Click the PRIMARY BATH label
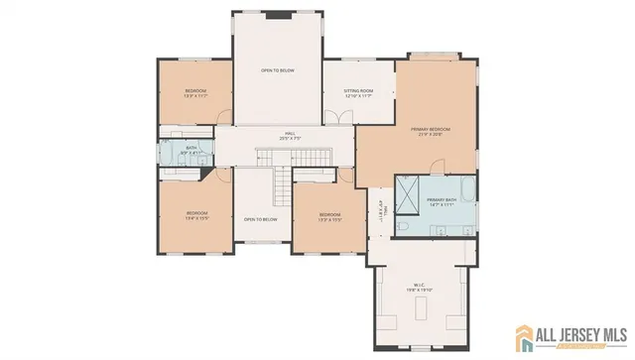pyautogui.click(x=442, y=199)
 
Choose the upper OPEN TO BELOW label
pyautogui.click(x=277, y=70)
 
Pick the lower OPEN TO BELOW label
pyautogui.click(x=260, y=219)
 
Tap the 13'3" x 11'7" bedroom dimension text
pyautogui.click(x=195, y=96)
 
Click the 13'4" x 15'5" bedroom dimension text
pyautogui.click(x=197, y=218)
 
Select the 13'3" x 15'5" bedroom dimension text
pyautogui.click(x=329, y=219)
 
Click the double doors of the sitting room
pyautogui.click(x=342, y=116)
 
